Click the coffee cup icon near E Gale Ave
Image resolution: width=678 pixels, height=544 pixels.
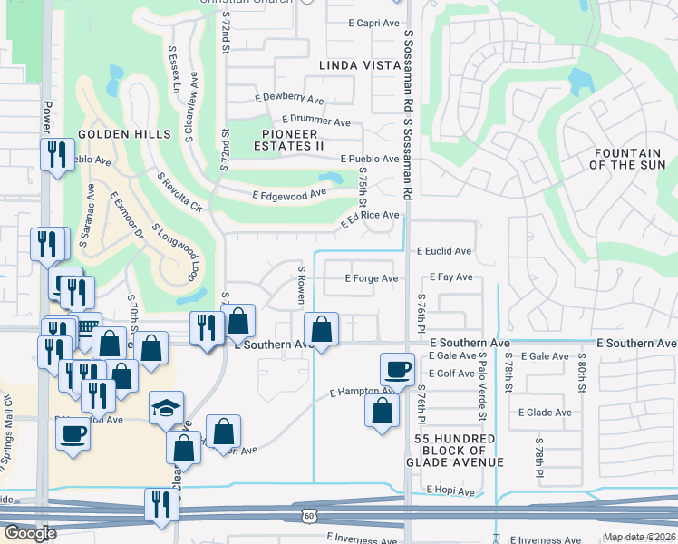(397, 370)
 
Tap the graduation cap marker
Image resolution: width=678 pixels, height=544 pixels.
(167, 409)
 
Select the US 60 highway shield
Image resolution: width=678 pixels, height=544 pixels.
(309, 515)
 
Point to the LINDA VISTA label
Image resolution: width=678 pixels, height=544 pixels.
(360, 65)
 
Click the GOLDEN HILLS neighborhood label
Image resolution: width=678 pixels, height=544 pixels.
(124, 134)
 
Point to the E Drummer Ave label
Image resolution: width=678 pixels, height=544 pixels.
(315, 121)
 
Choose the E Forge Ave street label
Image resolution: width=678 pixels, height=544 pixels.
(372, 278)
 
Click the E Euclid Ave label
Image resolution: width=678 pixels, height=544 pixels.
(444, 251)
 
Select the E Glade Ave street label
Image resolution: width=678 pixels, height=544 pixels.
(545, 412)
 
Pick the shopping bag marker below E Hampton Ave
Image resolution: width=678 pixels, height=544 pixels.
(383, 409)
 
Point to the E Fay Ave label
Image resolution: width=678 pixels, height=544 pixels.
(451, 277)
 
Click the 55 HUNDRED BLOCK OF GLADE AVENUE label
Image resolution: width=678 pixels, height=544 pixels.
(454, 451)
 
